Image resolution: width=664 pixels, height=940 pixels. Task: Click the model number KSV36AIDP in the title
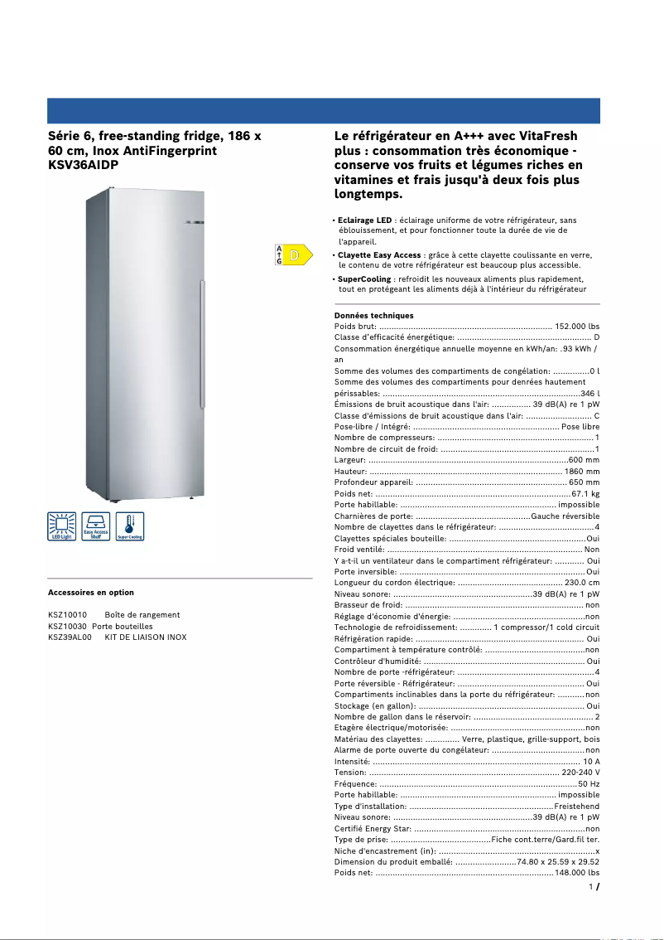(x=84, y=165)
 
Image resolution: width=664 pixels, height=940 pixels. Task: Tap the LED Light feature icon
(x=62, y=526)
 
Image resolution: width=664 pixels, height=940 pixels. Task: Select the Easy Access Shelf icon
(x=95, y=526)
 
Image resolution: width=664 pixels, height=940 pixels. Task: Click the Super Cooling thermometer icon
(x=129, y=526)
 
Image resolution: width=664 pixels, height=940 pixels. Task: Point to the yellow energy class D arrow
(x=297, y=254)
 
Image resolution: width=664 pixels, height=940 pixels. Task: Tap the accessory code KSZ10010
(x=68, y=615)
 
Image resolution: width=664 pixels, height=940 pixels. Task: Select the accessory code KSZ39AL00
(x=70, y=637)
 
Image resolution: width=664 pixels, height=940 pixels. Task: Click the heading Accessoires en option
(x=91, y=593)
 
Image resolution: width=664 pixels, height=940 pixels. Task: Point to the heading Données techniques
(x=373, y=316)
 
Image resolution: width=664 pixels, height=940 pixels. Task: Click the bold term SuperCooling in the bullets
(x=364, y=279)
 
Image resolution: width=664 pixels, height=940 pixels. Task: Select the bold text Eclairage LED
(x=365, y=220)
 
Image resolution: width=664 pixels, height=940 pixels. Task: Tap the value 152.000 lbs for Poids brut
(x=576, y=327)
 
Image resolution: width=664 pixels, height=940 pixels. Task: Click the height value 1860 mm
(x=581, y=471)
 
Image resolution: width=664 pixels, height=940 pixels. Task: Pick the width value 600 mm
(x=584, y=459)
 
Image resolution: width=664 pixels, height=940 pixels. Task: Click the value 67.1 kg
(x=585, y=493)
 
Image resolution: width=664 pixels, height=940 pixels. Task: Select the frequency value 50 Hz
(x=589, y=783)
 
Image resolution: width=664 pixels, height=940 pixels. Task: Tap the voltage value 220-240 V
(x=580, y=773)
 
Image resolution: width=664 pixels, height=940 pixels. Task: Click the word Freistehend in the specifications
(x=576, y=806)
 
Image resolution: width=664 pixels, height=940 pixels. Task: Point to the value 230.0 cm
(x=581, y=583)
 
